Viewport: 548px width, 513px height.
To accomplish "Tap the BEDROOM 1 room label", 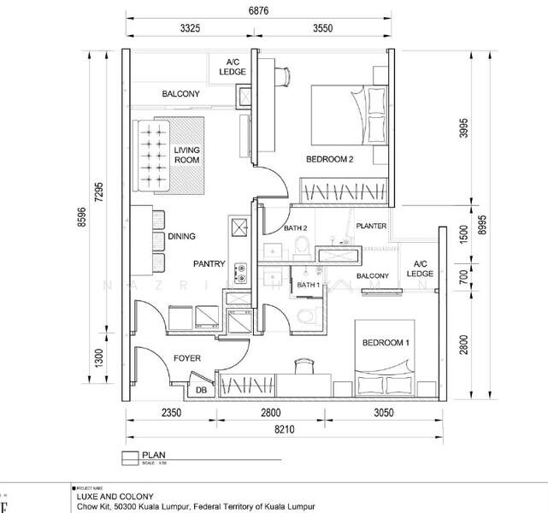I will [386, 343].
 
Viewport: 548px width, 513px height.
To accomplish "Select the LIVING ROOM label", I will [187, 155].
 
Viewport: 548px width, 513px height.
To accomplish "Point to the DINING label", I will [181, 237].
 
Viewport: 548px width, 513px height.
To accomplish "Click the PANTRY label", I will [209, 264].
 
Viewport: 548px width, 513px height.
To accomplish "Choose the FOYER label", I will [186, 359].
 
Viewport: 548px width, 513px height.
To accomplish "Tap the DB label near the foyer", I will [202, 391].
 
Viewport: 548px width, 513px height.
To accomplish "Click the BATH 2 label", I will [295, 227].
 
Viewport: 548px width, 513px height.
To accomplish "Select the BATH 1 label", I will [308, 285].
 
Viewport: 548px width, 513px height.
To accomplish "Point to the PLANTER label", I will [372, 227].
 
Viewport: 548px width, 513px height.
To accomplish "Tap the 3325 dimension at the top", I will [191, 28].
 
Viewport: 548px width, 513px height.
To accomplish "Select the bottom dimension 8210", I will [285, 429].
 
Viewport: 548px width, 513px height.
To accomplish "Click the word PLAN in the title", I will [155, 456].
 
